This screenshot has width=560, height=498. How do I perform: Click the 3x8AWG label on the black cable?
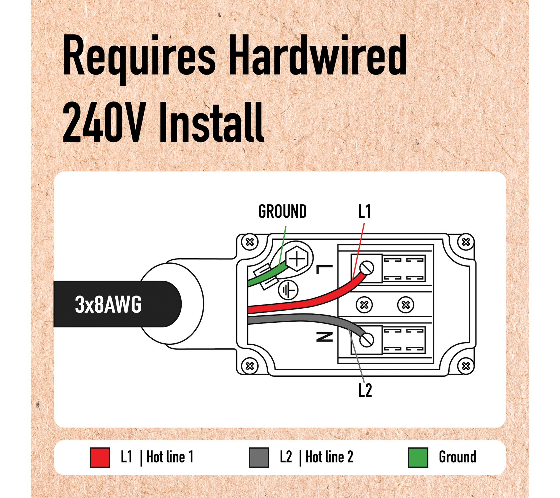tap(108, 304)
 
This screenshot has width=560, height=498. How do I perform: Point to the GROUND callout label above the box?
tap(282, 211)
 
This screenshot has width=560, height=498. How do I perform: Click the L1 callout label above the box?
tap(365, 211)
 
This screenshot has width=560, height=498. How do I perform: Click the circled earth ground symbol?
tap(288, 290)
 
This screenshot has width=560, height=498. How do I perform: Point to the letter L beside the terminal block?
tap(324, 269)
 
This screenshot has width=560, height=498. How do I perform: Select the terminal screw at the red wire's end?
tap(367, 268)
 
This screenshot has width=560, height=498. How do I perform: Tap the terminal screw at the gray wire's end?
tap(367, 340)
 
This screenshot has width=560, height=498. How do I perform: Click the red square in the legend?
tap(100, 457)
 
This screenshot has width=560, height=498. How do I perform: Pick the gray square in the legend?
tap(259, 457)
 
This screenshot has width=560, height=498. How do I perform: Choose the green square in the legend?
tap(418, 457)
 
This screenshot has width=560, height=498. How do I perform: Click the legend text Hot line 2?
tap(329, 457)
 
